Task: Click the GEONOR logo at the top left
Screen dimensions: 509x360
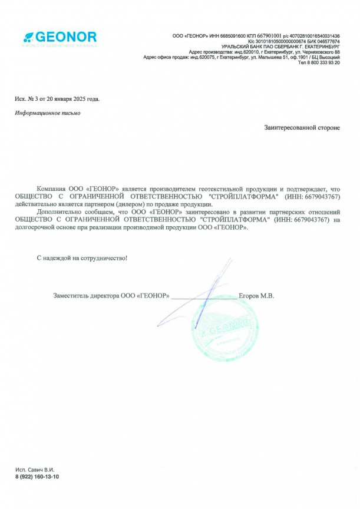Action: tap(60, 37)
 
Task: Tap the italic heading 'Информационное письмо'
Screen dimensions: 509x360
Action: tap(48, 113)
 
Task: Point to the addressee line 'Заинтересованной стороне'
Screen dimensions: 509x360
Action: tap(302, 127)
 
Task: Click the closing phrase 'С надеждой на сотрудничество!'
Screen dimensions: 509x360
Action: tap(82, 258)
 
